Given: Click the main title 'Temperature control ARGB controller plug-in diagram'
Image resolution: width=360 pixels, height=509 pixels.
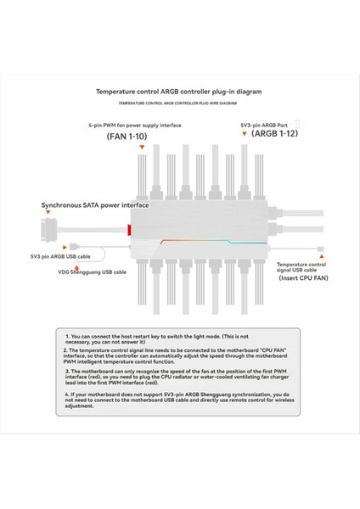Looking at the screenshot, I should tap(180, 89).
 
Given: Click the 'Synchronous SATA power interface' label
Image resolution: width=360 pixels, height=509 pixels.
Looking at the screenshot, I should tap(95, 205).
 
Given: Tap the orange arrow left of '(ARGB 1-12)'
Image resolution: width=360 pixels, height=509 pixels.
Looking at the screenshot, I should tap(245, 134).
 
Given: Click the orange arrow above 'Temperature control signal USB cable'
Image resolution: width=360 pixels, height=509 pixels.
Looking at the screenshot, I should tap(320, 251).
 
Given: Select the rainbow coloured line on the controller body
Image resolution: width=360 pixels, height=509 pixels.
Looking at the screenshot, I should tap(204, 240).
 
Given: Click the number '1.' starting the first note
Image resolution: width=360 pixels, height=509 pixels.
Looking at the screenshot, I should tap(68, 336).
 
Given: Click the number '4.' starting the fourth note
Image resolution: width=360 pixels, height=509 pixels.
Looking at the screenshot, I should tap(66, 394).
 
